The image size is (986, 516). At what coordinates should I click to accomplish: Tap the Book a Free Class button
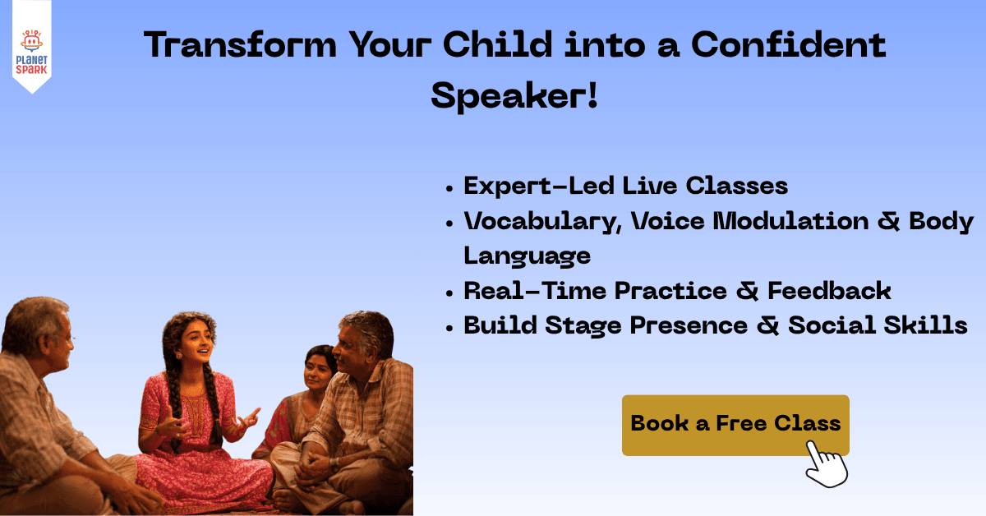click(735, 423)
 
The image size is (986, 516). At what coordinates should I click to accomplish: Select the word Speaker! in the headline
click(514, 96)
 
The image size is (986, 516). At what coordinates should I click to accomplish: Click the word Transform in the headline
click(238, 45)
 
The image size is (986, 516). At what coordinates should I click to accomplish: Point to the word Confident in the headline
click(788, 45)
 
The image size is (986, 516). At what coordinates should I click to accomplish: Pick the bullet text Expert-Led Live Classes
click(625, 186)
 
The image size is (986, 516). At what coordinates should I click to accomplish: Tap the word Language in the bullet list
click(527, 256)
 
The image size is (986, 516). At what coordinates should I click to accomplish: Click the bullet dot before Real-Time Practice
click(449, 292)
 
